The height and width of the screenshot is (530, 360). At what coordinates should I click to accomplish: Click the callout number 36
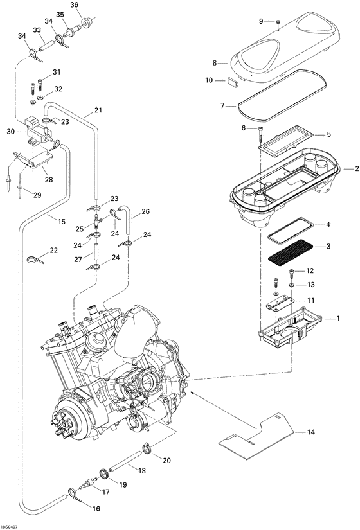click(74, 4)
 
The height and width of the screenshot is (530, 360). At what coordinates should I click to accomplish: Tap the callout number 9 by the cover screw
click(262, 21)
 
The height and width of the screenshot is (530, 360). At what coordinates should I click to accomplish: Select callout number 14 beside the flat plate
click(310, 432)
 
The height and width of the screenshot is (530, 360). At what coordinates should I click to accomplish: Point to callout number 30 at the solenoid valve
click(10, 131)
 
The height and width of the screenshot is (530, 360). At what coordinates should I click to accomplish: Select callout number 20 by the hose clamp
click(166, 460)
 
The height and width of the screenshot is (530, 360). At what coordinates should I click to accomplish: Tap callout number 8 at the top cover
click(216, 63)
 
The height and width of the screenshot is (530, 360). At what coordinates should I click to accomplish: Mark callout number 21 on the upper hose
click(98, 110)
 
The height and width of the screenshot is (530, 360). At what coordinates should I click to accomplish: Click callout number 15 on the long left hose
click(62, 222)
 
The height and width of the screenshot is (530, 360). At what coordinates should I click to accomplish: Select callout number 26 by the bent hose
click(145, 211)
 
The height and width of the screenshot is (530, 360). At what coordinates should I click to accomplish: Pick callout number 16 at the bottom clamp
click(96, 508)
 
